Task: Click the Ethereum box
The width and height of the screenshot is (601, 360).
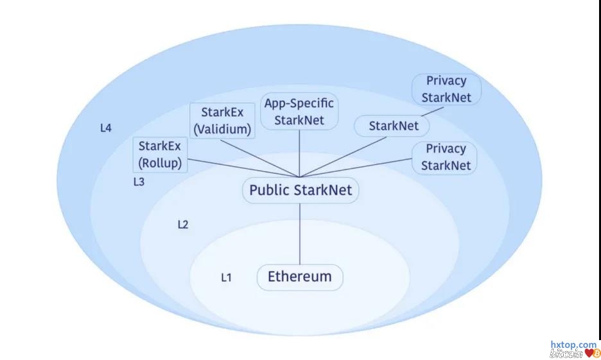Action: (x=300, y=277)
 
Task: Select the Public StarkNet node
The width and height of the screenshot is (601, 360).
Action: (x=300, y=191)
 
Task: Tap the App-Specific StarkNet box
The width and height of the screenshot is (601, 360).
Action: (x=300, y=111)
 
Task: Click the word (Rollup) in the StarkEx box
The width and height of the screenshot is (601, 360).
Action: (x=160, y=163)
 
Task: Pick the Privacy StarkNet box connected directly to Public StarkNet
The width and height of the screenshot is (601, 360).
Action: (x=445, y=157)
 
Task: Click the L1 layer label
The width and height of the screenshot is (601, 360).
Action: (x=226, y=278)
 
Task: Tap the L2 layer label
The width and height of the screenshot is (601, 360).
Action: (x=182, y=225)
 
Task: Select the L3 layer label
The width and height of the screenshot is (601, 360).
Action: (x=139, y=182)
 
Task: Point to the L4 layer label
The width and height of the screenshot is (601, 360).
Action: (x=106, y=128)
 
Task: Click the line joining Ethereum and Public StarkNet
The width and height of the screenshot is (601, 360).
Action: (x=300, y=234)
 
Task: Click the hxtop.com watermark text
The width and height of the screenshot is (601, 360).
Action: (x=573, y=345)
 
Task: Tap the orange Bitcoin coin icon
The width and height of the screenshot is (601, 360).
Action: (x=595, y=354)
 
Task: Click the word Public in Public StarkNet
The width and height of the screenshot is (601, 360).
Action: (x=265, y=191)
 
